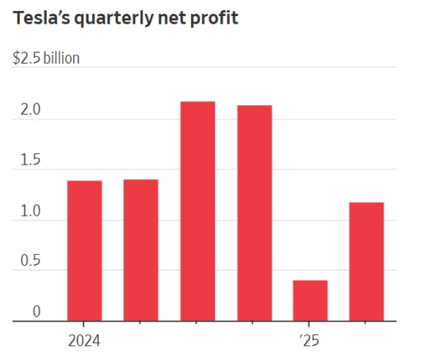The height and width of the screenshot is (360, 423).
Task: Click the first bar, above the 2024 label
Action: pyautogui.click(x=85, y=250)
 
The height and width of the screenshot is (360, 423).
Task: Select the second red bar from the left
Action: pyautogui.click(x=141, y=250)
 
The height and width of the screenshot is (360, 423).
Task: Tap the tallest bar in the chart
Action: pyautogui.click(x=197, y=211)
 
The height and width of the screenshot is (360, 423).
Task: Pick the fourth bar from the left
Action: pyautogui.click(x=254, y=213)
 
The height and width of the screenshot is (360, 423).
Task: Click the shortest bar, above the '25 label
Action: pyautogui.click(x=310, y=300)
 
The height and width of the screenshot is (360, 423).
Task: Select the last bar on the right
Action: pyautogui.click(x=367, y=261)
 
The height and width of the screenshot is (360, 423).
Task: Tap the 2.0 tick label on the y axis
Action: pyautogui.click(x=30, y=110)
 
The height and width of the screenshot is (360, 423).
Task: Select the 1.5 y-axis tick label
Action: pyautogui.click(x=30, y=161)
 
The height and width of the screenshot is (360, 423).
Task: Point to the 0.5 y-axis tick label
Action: pyautogui.click(x=30, y=261)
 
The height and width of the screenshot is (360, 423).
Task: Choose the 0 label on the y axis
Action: pyautogui.click(x=37, y=312)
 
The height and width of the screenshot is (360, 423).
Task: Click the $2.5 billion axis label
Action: pyautogui.click(x=46, y=58)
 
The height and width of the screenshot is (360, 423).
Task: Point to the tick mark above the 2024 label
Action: pyautogui.click(x=85, y=325)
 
